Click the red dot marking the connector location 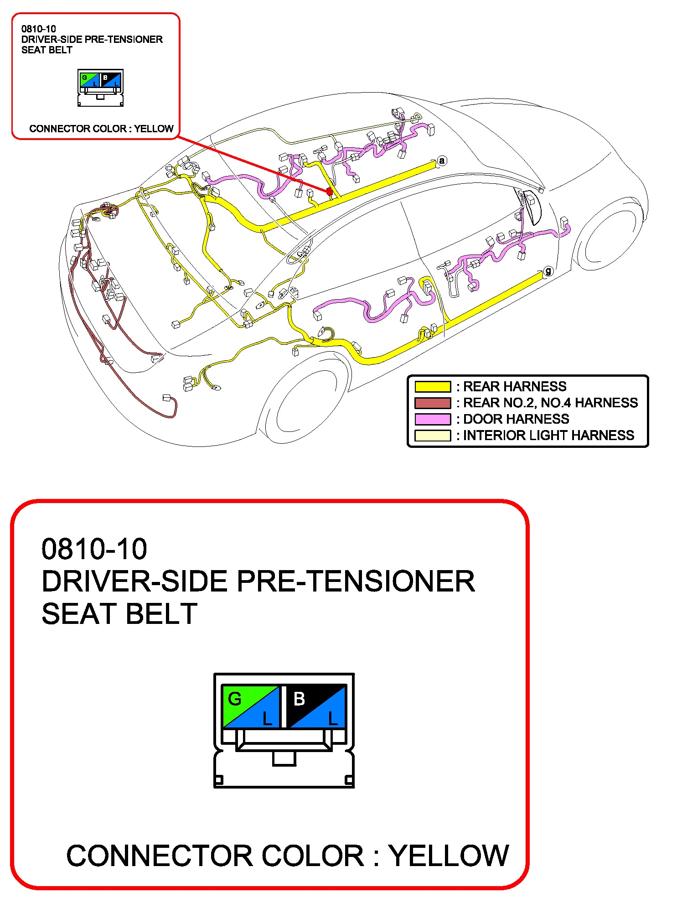click(329, 192)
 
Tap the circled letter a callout click(441, 161)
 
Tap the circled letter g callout click(548, 271)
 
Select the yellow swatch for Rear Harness click(432, 387)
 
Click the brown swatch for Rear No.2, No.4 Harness click(432, 403)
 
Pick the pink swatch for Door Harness click(432, 419)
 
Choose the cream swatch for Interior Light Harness click(432, 436)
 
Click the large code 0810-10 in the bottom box click(94, 549)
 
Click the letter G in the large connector click(234, 699)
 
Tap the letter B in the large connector click(299, 699)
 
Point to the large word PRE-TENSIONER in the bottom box click(356, 581)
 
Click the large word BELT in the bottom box click(161, 614)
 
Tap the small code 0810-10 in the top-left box click(38, 29)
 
